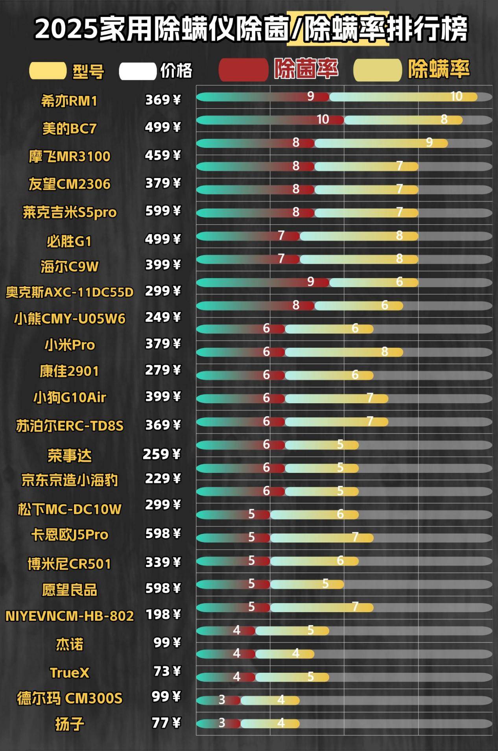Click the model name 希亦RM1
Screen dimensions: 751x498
click(x=69, y=101)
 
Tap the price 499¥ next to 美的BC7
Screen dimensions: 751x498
click(x=162, y=127)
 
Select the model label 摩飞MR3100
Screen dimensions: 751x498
click(x=69, y=157)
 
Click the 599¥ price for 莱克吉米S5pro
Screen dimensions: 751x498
click(x=162, y=211)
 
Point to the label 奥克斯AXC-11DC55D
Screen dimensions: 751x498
click(x=70, y=292)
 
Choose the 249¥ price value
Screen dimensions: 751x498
click(x=162, y=317)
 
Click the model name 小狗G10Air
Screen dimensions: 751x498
click(x=70, y=397)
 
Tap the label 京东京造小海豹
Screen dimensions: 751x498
click(x=70, y=480)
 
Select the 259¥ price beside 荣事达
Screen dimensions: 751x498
click(x=161, y=454)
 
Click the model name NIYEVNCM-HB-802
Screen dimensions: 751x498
click(x=70, y=616)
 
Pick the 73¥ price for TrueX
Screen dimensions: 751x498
click(x=167, y=671)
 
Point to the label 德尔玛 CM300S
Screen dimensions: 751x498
click(x=70, y=698)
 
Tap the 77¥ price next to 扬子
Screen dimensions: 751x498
click(x=166, y=723)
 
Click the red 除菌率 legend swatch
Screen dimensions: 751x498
click(x=243, y=70)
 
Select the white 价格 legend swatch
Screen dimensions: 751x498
click(x=138, y=71)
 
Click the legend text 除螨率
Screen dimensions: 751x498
click(x=439, y=69)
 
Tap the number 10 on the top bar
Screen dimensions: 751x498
click(x=456, y=96)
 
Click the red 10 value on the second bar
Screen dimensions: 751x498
click(x=323, y=120)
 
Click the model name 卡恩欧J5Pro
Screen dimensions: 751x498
click(x=70, y=535)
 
